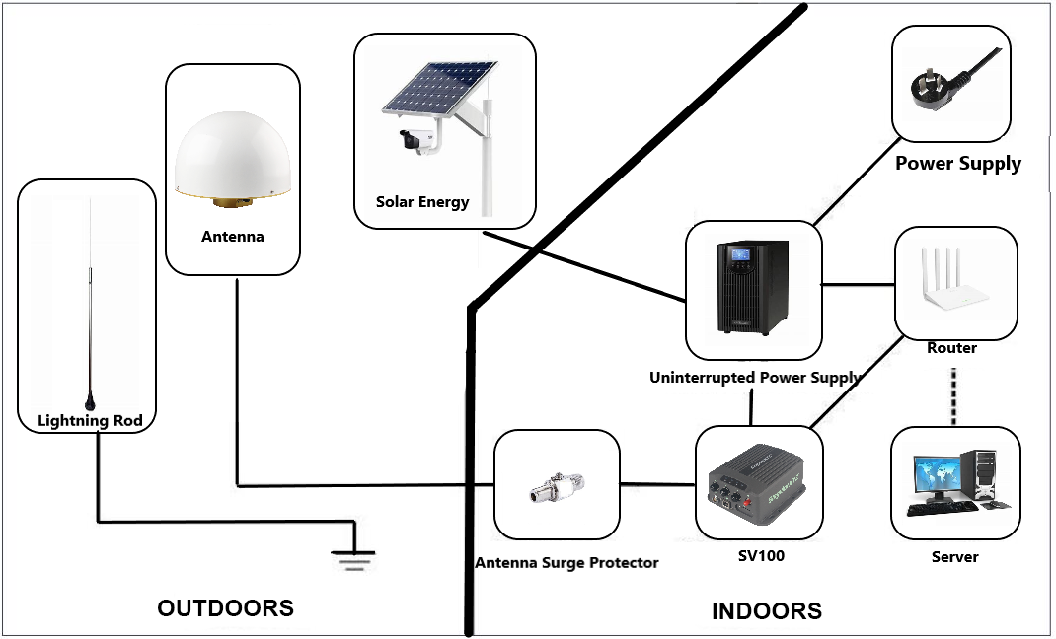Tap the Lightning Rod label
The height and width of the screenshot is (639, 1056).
(90, 421)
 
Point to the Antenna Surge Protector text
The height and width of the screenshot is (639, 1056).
(566, 563)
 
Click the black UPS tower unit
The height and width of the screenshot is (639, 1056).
(753, 286)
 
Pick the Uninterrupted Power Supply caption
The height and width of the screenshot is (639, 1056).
(755, 378)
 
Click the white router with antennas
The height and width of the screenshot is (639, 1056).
(954, 282)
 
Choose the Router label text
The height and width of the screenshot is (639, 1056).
(952, 348)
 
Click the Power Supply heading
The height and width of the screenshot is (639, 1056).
(957, 164)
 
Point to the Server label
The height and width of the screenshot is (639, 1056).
(954, 557)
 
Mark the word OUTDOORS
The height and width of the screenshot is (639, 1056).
(225, 608)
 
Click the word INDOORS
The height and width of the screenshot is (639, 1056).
(766, 611)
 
